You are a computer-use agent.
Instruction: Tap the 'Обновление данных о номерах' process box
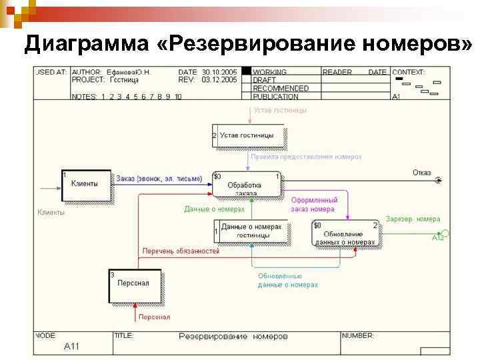[x=346, y=234]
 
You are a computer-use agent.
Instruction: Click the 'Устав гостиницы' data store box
[x=249, y=136]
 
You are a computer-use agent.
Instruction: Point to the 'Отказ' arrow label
[x=421, y=172]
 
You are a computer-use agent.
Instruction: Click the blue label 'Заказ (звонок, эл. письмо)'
[x=159, y=179]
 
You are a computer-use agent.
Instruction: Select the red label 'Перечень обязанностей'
[x=181, y=251]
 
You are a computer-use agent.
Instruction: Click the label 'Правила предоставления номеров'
[x=306, y=157]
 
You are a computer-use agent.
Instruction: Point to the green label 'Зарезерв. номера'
[x=413, y=219]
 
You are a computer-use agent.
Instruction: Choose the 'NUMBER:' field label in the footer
[x=358, y=335]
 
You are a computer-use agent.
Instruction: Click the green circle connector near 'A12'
[x=445, y=233]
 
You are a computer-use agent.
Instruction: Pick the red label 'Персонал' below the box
[x=154, y=317]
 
